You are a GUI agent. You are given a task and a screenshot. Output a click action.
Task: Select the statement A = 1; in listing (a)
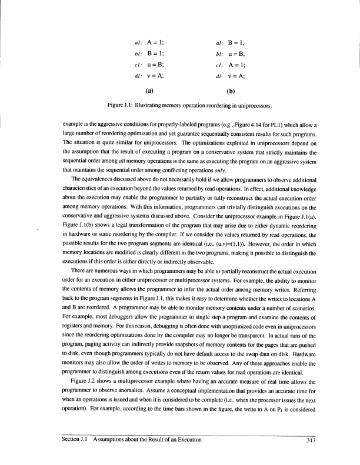point(155,27)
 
